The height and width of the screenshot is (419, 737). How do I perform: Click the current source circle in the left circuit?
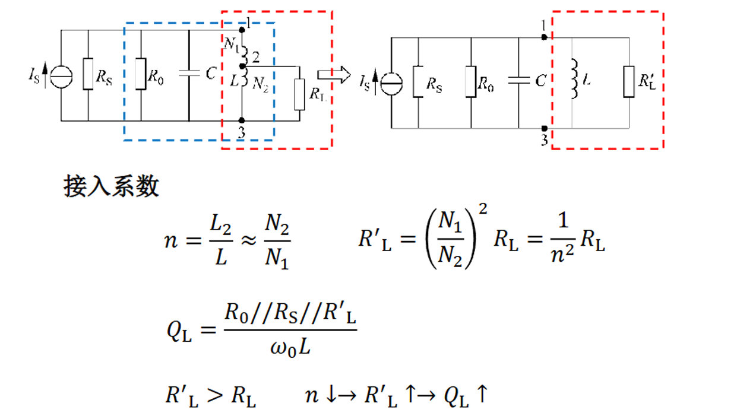tap(61, 77)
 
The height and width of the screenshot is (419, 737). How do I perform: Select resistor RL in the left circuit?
tap(299, 94)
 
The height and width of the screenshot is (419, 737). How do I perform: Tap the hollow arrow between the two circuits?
tap(334, 75)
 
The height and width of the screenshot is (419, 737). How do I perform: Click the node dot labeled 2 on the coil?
tap(242, 66)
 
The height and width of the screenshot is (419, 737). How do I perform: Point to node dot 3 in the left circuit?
tap(242, 120)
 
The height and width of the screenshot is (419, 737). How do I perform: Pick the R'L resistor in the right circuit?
tap(629, 81)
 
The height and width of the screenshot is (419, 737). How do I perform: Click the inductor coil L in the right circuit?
tap(574, 79)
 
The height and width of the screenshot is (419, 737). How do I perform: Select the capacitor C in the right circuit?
tap(519, 80)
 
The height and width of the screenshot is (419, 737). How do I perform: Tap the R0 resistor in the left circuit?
tap(141, 74)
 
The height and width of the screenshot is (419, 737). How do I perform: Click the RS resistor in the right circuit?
tap(418, 81)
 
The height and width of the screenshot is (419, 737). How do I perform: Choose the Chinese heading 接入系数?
tap(111, 186)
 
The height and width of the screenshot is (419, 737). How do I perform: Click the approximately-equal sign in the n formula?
tap(249, 240)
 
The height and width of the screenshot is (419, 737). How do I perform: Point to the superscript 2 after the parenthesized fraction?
tap(483, 209)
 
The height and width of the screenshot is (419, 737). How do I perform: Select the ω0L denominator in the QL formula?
tap(290, 347)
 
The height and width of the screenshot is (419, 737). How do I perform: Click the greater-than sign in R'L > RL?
tap(215, 395)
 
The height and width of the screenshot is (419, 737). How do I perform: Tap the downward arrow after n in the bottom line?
tap(331, 394)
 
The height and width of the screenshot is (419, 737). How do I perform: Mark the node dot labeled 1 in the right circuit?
tap(544, 37)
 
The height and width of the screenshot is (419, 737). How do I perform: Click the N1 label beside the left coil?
tap(232, 45)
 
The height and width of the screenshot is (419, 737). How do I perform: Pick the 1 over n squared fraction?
tap(562, 237)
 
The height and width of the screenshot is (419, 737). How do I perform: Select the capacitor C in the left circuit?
tap(189, 73)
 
